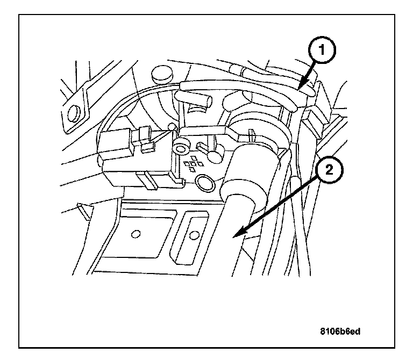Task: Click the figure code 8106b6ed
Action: (x=338, y=331)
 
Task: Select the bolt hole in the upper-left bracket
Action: (x=74, y=112)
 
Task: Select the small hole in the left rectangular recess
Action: (x=136, y=234)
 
